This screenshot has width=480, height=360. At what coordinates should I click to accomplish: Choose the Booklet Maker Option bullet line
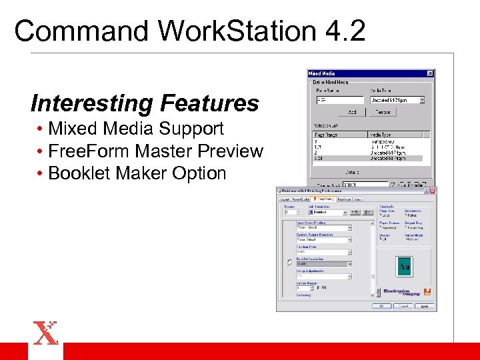click(137, 173)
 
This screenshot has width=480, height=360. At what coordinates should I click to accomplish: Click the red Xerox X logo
click(45, 333)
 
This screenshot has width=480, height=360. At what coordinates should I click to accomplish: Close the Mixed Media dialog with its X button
click(430, 73)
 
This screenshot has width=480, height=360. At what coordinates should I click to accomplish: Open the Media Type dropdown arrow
click(422, 100)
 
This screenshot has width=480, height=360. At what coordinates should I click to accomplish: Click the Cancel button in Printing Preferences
click(402, 307)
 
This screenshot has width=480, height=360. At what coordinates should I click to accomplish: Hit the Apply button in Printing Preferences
click(425, 307)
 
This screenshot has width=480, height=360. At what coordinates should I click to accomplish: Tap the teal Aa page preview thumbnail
click(404, 266)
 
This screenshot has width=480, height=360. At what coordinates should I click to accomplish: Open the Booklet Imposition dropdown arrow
click(349, 263)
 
